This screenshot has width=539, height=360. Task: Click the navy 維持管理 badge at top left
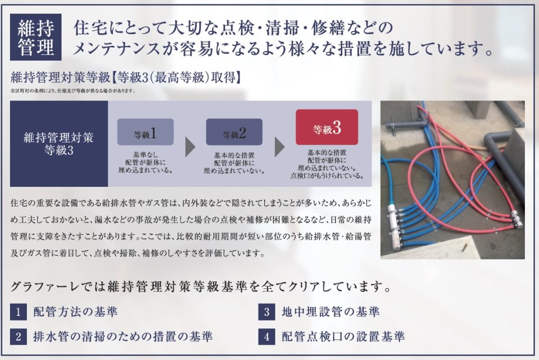pos(36,37)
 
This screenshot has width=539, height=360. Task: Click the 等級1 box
pos(145,132)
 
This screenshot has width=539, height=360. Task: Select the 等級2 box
pos(234,132)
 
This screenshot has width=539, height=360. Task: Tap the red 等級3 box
pos(327,127)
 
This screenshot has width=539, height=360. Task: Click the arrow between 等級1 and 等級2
pos(190,147)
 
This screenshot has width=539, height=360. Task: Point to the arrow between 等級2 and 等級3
pos(280,147)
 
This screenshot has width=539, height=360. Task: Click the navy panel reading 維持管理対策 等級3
pos(59,144)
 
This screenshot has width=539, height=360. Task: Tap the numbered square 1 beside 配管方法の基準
pos(18,312)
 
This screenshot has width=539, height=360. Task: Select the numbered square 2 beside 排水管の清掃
pos(18,336)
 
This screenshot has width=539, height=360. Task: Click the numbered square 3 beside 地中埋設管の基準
pos(267,312)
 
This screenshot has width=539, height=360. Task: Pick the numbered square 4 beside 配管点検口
pos(267,336)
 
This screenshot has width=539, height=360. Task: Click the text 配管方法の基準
pos(76,312)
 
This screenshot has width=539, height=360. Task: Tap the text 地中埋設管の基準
pos(331,312)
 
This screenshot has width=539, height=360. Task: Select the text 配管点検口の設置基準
pos(343,336)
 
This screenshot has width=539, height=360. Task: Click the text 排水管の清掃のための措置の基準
pos(123,336)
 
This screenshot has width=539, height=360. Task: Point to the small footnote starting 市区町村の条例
pos(73,91)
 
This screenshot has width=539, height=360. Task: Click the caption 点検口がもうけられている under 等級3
pos(327,176)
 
